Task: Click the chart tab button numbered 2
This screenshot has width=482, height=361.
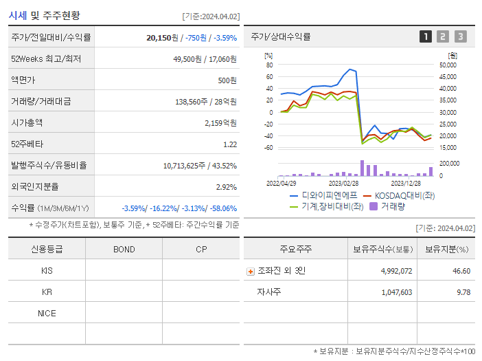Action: point(443,36)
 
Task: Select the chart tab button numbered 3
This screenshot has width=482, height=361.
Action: point(460,36)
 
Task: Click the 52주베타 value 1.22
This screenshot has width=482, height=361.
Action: point(230,144)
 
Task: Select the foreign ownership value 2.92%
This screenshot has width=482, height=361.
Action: point(226,186)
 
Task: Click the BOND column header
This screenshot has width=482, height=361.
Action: point(124,249)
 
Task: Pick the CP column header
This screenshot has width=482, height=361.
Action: point(201,249)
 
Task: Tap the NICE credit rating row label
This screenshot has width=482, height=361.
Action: point(47,314)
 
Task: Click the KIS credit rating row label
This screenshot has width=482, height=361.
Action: point(47,271)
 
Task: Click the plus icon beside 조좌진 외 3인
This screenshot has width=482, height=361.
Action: point(250,272)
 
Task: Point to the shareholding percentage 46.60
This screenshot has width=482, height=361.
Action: point(461,271)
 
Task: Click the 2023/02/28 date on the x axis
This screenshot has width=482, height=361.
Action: point(343,184)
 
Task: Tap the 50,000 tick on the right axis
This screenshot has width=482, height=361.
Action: point(448,65)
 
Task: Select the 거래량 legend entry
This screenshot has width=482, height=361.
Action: point(392,206)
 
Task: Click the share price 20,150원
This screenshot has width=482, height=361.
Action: point(163,38)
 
